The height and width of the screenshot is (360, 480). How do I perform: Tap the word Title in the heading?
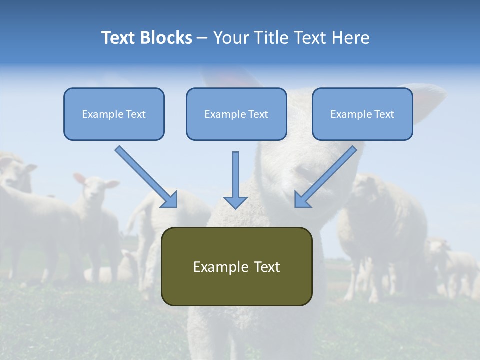coord(273,38)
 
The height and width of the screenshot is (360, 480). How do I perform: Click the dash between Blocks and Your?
coord(202,38)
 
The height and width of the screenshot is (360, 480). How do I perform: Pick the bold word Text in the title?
coord(120,38)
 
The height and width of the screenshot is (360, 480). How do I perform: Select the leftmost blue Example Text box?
coord(114,114)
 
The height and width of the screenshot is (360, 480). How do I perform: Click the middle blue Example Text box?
coord(236,114)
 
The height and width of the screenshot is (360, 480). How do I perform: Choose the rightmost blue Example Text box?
coord(362,114)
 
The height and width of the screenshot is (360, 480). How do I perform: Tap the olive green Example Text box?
coord(236,266)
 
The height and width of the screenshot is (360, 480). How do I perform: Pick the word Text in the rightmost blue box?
coord(384,114)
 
